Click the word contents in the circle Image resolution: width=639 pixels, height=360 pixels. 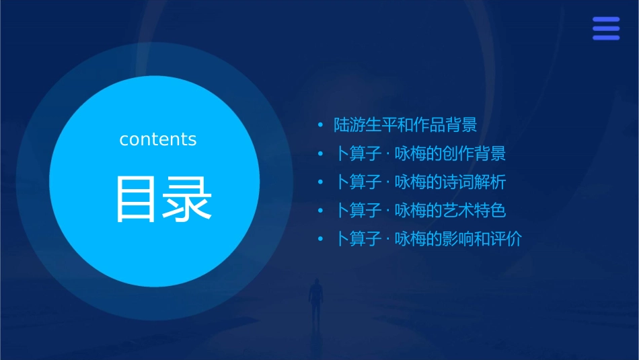pos(158,139)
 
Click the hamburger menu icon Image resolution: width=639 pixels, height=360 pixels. pos(605,29)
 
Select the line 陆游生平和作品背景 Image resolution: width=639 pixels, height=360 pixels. pos(406,124)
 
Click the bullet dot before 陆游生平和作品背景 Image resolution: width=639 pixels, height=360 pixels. pos(321,125)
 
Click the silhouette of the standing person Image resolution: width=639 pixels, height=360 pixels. pos(315,299)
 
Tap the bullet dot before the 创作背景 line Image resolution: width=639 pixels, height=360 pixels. pos(321,154)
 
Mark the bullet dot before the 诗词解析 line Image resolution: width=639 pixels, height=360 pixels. pos(321,182)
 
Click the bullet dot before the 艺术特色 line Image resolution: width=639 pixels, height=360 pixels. pos(321,211)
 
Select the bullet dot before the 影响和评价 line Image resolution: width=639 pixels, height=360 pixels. pos(321,240)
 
